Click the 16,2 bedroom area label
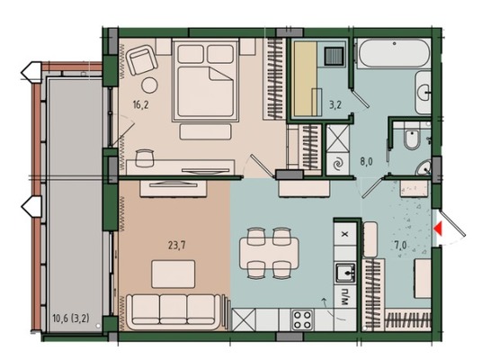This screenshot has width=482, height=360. coord(141,105)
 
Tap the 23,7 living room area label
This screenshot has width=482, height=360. coord(177,246)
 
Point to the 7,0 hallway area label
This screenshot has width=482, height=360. coord(400,246)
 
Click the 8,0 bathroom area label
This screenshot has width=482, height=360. coord(366,161)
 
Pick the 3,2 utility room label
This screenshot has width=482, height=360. coord(335,105)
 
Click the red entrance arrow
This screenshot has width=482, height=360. coord(438,229)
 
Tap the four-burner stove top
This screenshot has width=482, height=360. coord(302,320)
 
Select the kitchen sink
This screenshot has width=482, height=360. coord(345,273)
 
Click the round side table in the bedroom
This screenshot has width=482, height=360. coord(149,85)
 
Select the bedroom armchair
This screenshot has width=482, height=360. coord(142,59)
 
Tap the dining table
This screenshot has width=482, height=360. coord(269,253)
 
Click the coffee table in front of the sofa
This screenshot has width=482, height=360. coord(173,274)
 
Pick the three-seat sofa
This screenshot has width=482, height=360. coord(174,311)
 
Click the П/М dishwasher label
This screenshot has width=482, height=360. coord(345,297)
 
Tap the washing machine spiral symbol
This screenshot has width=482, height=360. coord(338,164)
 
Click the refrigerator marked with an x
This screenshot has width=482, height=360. coord(345,234)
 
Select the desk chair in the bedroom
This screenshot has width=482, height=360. coord(144,157)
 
